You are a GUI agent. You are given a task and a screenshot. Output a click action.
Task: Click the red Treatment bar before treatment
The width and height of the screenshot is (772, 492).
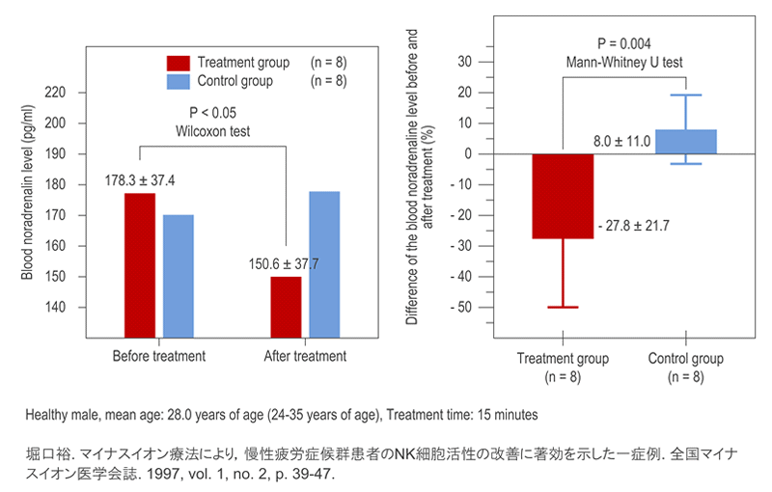click(x=139, y=264)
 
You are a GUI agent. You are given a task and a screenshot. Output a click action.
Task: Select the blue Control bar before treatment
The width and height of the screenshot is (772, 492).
click(x=179, y=275)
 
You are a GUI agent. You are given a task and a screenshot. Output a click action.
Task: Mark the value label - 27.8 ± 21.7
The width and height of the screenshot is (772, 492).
click(x=633, y=225)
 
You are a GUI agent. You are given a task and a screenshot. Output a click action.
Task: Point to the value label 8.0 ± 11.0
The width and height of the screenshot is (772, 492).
click(x=621, y=142)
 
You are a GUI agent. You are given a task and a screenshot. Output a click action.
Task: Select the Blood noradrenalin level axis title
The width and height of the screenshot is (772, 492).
click(x=29, y=198)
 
